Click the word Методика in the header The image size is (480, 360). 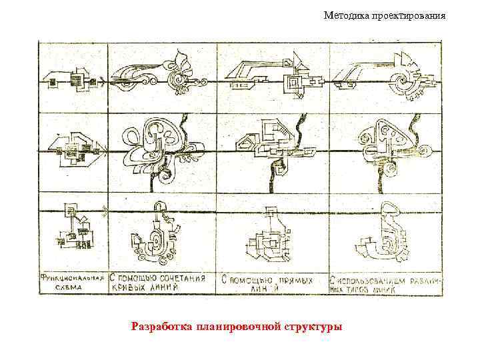(x=345, y=15)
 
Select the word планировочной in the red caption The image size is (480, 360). (x=237, y=327)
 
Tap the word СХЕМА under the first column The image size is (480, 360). (x=67, y=289)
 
